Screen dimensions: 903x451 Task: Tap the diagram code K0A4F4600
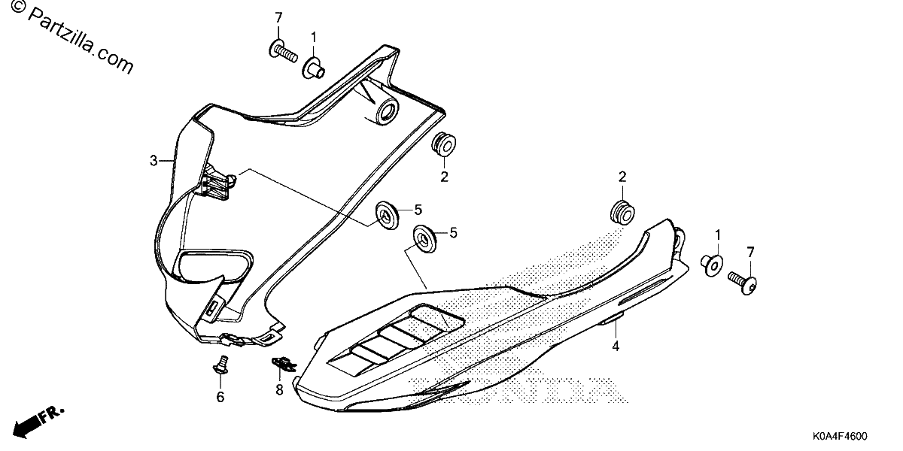[840, 436]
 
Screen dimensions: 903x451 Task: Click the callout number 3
[154, 161]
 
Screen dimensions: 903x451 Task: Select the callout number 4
[616, 346]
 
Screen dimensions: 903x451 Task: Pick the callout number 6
[220, 397]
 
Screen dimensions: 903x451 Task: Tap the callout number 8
[279, 390]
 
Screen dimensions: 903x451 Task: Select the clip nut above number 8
[284, 365]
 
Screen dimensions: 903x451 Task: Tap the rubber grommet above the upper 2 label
[444, 144]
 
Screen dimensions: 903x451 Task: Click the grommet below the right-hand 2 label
[623, 212]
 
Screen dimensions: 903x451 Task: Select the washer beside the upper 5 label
[388, 216]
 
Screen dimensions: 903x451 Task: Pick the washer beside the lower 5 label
[424, 238]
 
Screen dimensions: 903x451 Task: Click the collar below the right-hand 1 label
[712, 265]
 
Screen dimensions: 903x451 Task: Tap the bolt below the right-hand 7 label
[743, 281]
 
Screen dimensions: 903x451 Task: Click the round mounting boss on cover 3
[387, 110]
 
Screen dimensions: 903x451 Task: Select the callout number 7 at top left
[278, 18]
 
